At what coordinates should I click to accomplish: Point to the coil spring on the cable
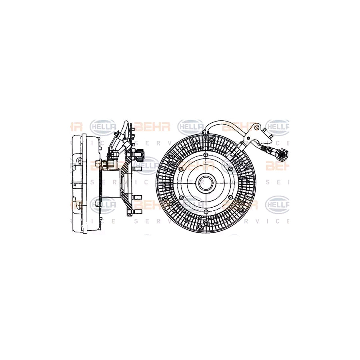(x=264, y=149)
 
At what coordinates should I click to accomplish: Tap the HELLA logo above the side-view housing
(x=103, y=127)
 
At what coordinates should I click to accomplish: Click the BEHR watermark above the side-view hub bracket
(x=152, y=127)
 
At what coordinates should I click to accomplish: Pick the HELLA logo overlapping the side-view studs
(x=146, y=165)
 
